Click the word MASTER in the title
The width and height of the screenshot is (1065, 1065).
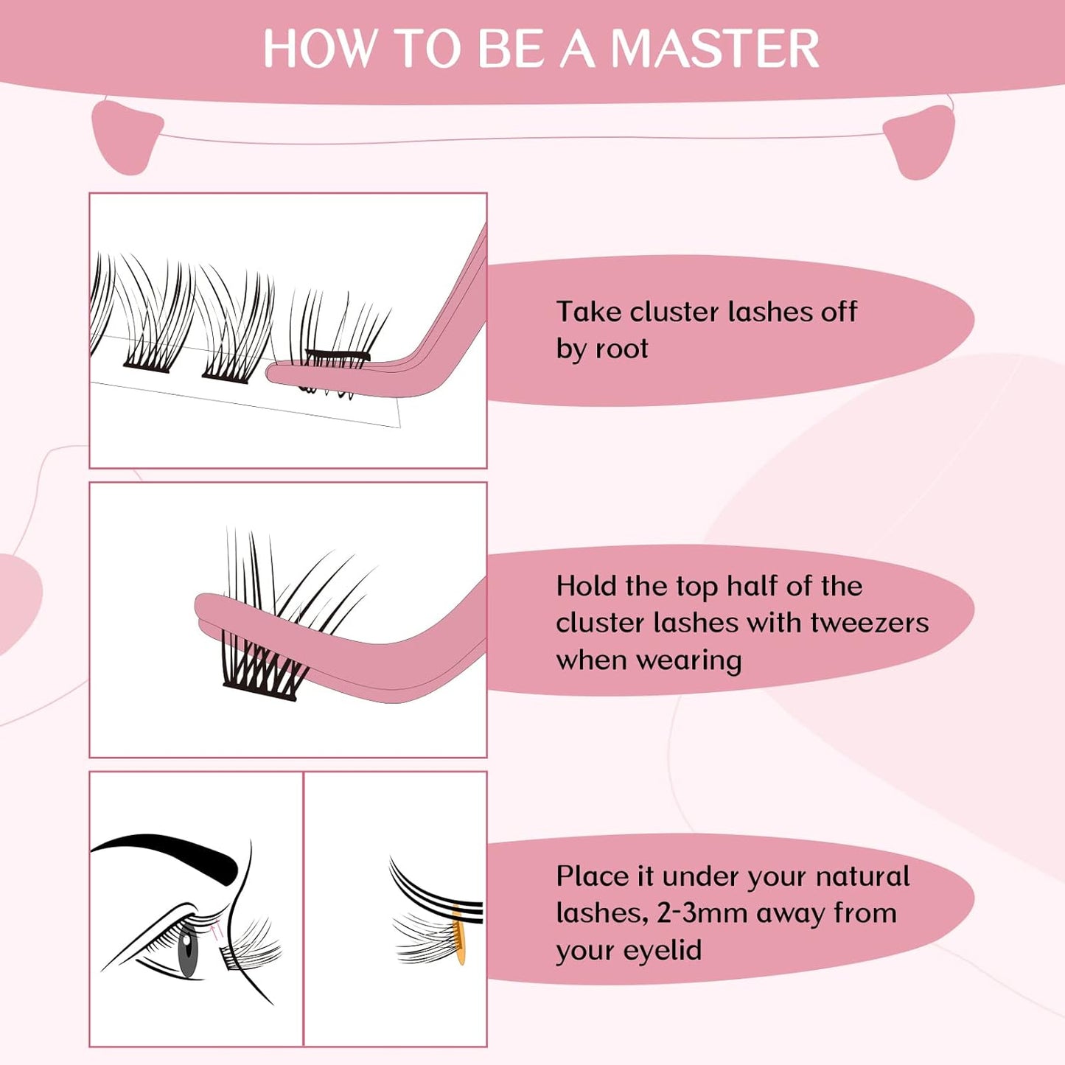click(x=715, y=49)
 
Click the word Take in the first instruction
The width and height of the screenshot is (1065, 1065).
click(x=588, y=312)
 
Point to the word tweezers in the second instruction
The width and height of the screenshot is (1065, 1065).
click(x=870, y=623)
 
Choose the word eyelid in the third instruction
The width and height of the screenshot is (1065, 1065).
click(x=665, y=950)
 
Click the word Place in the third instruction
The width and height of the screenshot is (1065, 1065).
click(x=592, y=876)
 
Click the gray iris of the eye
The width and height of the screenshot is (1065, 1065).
click(x=188, y=950)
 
